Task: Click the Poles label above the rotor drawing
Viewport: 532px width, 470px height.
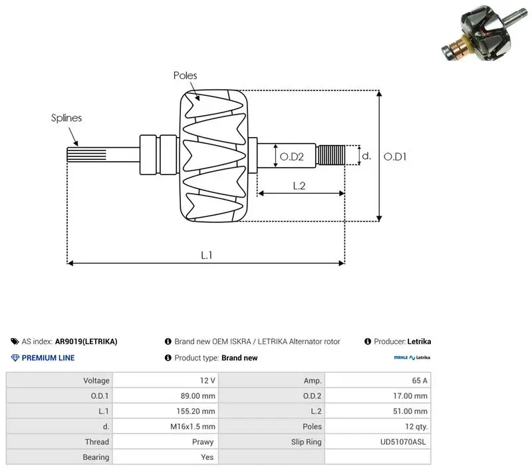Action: (185, 75)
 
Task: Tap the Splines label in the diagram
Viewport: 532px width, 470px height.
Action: (66, 118)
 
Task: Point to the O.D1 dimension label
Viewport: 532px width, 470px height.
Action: (395, 156)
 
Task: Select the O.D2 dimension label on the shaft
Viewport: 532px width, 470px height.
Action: (291, 156)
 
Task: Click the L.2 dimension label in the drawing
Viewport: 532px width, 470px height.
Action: (299, 186)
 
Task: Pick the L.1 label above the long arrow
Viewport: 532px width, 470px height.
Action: (207, 255)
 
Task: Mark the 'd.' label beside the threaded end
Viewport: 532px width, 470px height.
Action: (366, 156)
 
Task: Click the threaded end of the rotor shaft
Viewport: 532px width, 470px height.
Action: (331, 155)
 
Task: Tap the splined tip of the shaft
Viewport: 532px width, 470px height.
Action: (86, 154)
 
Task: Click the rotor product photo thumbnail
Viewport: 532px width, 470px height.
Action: (485, 33)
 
